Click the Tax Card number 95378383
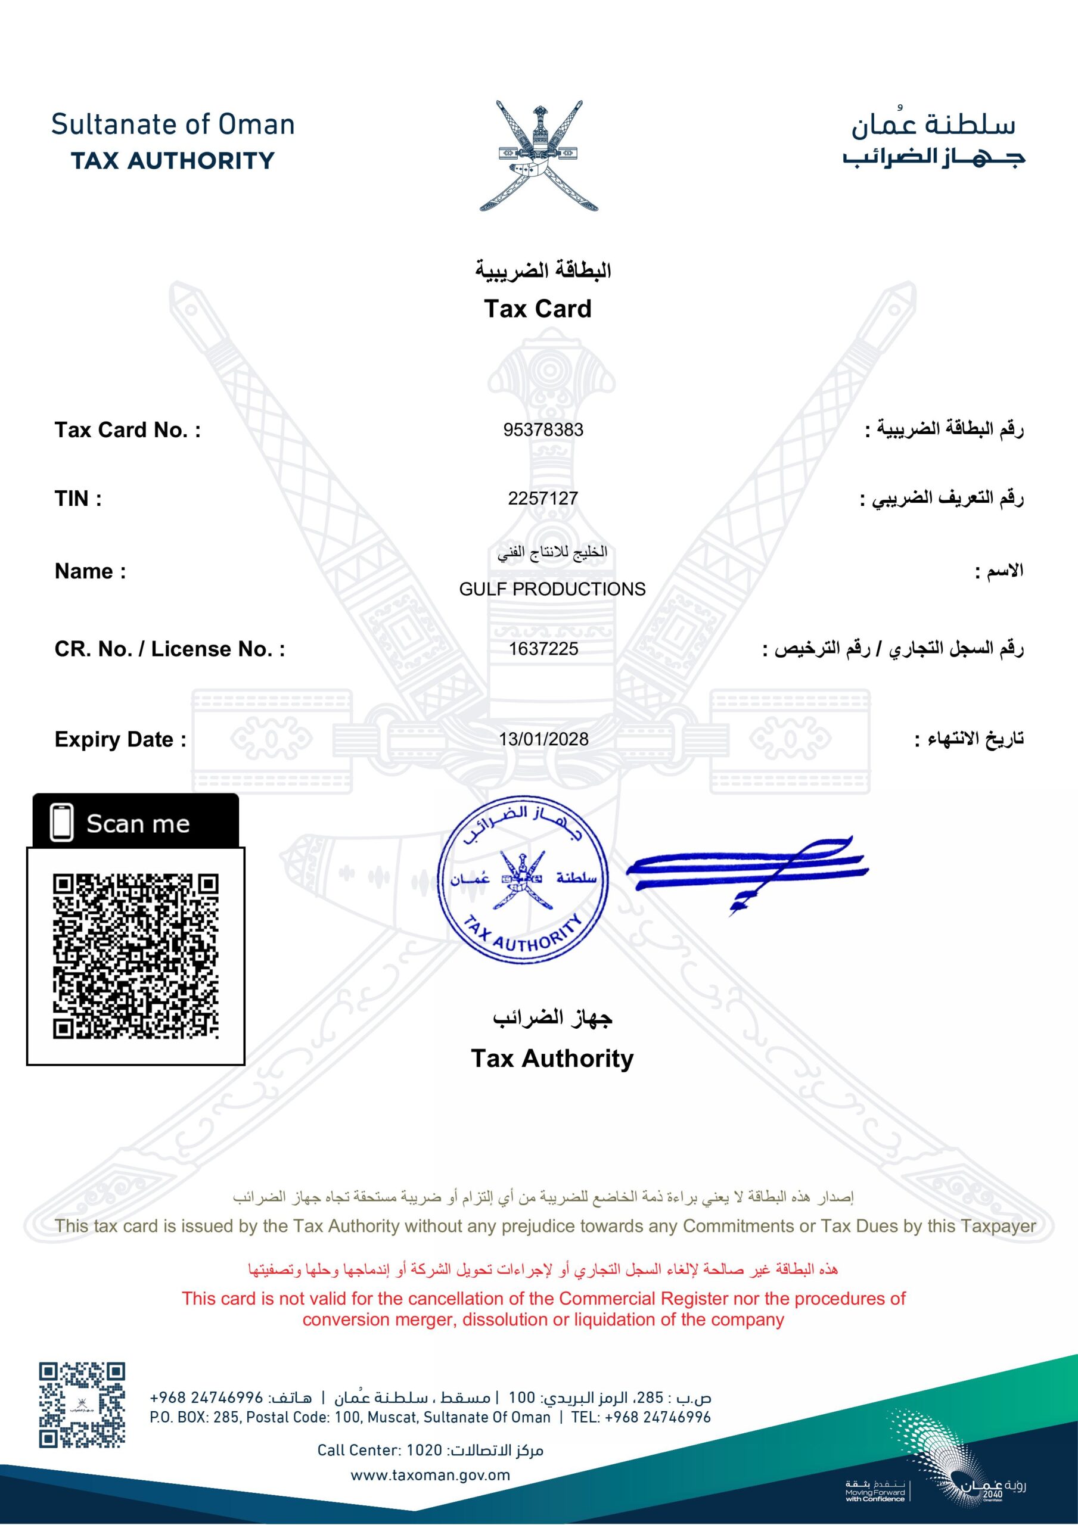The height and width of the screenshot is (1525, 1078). click(543, 430)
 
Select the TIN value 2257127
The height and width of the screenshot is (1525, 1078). click(543, 498)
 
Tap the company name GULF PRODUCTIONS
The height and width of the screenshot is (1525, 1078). click(552, 589)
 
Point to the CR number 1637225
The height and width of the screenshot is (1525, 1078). click(543, 649)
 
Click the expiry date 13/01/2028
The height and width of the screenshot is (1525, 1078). click(543, 739)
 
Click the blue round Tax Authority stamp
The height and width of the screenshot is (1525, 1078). click(523, 879)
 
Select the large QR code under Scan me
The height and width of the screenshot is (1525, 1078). click(136, 956)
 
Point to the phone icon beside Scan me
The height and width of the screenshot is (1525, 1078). click(62, 823)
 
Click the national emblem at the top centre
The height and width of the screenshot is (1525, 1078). click(538, 156)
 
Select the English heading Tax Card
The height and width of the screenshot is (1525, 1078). click(537, 309)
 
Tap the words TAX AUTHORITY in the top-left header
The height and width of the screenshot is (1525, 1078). click(172, 161)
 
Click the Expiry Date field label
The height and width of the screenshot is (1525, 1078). click(120, 739)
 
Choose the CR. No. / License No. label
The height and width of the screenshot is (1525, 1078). click(169, 649)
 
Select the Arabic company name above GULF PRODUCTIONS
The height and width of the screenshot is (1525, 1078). click(552, 553)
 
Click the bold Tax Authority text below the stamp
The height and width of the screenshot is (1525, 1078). click(552, 1058)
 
